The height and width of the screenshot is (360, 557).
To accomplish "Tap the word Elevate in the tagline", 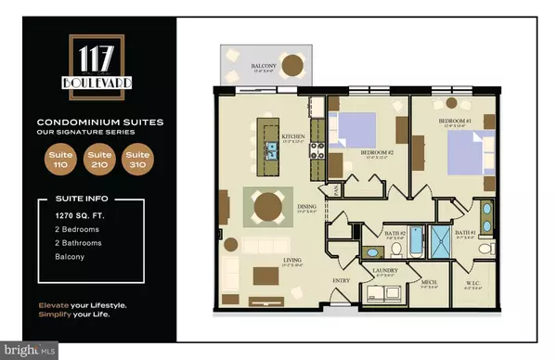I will click(55, 305).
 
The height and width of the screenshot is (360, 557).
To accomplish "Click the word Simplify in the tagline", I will click(56, 316).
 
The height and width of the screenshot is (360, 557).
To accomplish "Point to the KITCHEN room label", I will click(293, 137).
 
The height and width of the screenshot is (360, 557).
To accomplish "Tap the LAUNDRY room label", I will click(385, 271).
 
